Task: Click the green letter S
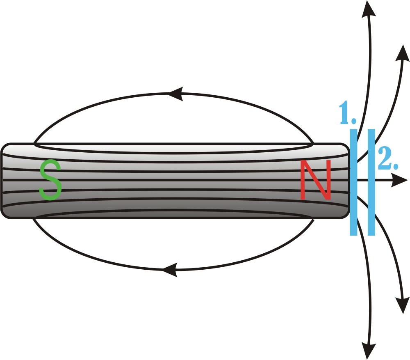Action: pos(50,180)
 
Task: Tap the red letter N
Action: pos(315,180)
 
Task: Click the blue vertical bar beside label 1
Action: pos(353,182)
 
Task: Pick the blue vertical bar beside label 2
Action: pos(371,182)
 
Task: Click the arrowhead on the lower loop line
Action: pos(170,270)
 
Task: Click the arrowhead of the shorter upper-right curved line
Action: pos(403,53)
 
